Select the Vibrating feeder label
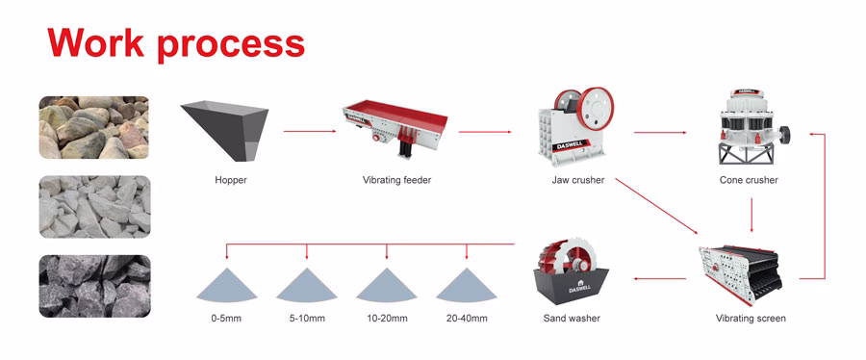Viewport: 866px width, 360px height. click(396, 180)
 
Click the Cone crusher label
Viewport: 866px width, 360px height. click(749, 180)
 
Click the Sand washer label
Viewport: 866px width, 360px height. click(573, 319)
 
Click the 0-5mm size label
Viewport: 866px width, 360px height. click(227, 319)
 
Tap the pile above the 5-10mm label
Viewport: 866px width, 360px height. click(307, 286)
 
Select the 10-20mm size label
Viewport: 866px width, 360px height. click(387, 319)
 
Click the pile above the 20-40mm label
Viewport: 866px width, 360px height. click(467, 286)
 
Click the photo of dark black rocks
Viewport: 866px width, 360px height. click(94, 286)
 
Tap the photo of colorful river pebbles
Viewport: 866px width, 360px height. click(94, 126)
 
